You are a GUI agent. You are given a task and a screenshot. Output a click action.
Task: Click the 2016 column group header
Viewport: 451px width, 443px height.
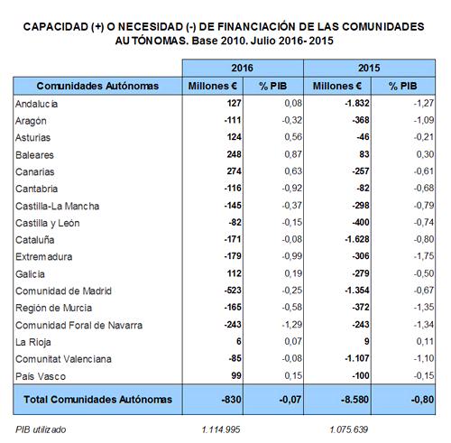point(242,68)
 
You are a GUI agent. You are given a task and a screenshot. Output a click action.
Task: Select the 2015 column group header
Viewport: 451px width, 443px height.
point(369,68)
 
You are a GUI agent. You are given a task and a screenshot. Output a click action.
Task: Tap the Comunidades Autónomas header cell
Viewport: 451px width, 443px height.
point(97,86)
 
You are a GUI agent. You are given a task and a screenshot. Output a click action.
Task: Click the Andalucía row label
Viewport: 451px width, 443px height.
point(36,104)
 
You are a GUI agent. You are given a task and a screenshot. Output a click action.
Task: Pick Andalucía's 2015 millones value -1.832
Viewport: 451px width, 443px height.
point(357,103)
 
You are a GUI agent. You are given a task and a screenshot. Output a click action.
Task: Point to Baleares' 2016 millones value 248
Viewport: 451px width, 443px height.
point(234,154)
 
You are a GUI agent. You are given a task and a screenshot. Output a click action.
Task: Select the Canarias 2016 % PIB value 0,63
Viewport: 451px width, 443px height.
point(293,171)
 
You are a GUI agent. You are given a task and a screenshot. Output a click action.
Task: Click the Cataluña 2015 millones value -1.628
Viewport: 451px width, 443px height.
point(357,239)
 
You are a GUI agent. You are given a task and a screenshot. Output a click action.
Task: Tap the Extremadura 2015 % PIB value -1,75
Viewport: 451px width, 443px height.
point(424,256)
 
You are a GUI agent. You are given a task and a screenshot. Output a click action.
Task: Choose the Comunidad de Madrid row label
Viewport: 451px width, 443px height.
point(63,291)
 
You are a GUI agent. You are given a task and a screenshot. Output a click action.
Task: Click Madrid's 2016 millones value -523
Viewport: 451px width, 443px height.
point(233,291)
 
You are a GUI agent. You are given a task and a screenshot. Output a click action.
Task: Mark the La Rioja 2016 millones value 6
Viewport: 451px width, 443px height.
point(239,341)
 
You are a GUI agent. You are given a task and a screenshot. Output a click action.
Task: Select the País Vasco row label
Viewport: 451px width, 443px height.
point(41,376)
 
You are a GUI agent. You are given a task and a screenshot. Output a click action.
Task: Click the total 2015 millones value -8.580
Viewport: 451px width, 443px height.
point(354,400)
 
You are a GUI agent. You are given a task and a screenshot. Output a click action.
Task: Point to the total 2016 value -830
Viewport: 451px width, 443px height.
point(231,400)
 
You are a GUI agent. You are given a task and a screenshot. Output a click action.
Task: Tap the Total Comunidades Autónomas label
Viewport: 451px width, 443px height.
point(97,400)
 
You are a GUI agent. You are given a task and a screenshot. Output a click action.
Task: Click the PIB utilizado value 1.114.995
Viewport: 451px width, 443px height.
point(221,429)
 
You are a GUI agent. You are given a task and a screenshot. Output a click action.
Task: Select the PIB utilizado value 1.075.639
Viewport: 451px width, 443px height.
point(349,429)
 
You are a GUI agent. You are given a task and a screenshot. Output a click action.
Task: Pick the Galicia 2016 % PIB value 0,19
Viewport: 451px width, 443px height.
point(293,273)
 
